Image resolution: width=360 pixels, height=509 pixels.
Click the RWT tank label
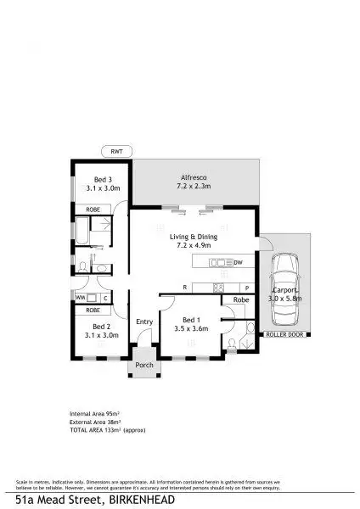point(116,151)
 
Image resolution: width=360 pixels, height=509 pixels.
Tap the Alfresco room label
point(192,176)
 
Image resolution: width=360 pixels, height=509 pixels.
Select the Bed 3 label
point(102,180)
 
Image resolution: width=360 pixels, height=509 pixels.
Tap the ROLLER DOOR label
point(283,335)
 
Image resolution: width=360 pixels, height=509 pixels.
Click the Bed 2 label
point(101,326)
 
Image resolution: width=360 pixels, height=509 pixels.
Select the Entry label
point(144,322)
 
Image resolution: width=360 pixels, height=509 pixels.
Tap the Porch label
point(143,367)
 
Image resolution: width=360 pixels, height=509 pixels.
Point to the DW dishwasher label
point(239,262)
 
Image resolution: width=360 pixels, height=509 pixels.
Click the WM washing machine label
point(80,298)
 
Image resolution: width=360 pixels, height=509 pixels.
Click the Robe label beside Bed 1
point(241,300)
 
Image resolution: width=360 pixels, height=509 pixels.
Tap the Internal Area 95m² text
point(94,413)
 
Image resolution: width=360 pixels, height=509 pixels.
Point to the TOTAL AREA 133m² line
point(107,429)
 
